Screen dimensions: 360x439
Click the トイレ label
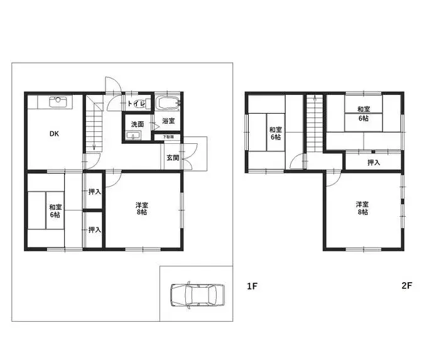136,104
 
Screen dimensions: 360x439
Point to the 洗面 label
138,124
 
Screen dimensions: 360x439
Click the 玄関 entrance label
173,158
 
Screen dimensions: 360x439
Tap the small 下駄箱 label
169,137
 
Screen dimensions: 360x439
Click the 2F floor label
406,286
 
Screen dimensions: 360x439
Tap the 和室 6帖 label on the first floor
55,210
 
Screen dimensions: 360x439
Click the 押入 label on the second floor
374,163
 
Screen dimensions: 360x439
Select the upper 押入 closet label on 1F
94,192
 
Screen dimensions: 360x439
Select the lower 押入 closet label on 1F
94,231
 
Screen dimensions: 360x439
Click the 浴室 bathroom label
168,121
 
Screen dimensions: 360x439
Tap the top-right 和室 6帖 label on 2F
364,114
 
